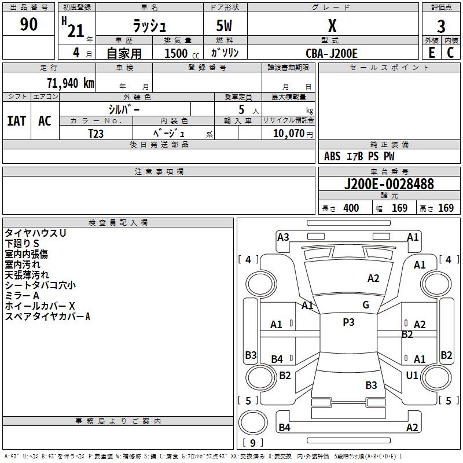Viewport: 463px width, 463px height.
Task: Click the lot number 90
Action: coord(28,24)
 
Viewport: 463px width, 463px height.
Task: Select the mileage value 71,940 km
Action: coord(68,83)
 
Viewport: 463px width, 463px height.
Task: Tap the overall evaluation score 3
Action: coord(441,27)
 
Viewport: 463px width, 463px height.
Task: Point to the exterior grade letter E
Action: coord(431,52)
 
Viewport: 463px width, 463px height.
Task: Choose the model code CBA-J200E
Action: coord(332,53)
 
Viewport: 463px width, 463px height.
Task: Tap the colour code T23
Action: coord(96,133)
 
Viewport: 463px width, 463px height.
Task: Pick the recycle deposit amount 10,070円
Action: coord(288,133)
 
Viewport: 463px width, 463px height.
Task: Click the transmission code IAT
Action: coord(16,120)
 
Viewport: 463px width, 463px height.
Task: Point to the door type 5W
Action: coord(225,27)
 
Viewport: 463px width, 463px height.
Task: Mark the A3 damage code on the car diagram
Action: coord(283,237)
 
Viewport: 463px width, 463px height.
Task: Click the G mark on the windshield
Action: coord(366,305)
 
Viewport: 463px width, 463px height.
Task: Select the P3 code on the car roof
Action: coord(348,322)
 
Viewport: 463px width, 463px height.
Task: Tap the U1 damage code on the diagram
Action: coord(412,376)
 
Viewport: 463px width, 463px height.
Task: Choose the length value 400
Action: coord(351,208)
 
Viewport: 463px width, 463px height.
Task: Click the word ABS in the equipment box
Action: coord(332,156)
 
